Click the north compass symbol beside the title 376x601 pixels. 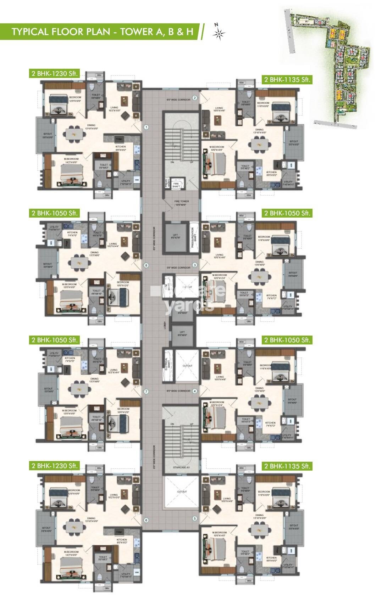tap(219, 33)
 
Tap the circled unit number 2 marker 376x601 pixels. tap(195, 98)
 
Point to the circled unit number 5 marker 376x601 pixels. tap(195, 518)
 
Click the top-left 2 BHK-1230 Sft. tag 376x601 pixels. tap(54, 74)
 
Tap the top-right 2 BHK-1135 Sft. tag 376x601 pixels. tap(287, 80)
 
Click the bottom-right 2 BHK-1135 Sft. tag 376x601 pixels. tap(287, 466)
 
